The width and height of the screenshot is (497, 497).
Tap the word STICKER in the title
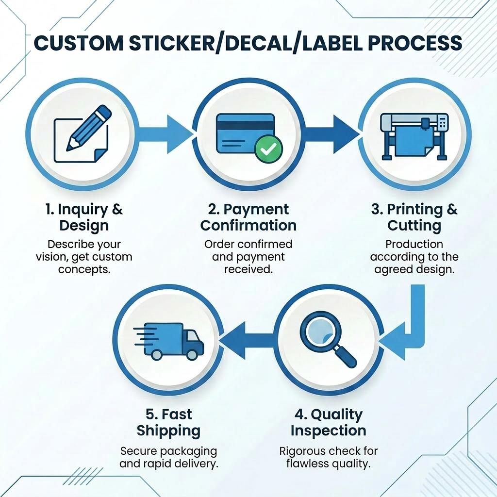(x=171, y=43)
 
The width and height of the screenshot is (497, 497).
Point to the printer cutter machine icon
(x=414, y=136)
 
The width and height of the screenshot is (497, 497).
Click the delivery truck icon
(x=168, y=341)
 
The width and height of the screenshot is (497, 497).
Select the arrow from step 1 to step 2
(x=165, y=134)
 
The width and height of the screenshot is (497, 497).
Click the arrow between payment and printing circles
(x=331, y=134)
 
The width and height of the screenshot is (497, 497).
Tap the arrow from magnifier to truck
(x=247, y=341)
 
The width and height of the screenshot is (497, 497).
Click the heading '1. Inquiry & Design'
(x=84, y=217)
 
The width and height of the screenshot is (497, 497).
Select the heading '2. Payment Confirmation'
(x=248, y=217)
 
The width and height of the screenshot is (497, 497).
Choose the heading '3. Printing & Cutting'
(x=414, y=217)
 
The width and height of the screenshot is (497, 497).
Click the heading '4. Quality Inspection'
(x=329, y=423)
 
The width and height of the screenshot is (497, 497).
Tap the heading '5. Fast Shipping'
(x=168, y=423)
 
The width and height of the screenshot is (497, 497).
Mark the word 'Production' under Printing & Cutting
(x=414, y=244)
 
